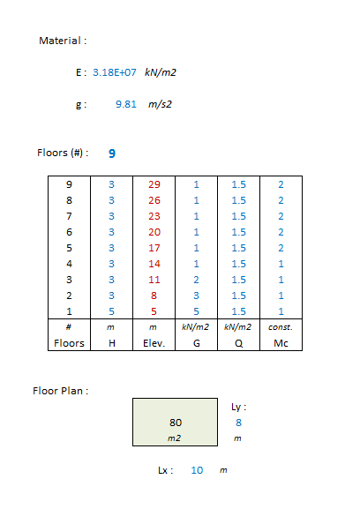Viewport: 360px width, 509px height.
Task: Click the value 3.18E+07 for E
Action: [x=115, y=72]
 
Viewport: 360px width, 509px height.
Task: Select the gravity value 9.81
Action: [x=126, y=104]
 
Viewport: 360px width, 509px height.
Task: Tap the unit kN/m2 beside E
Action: [x=161, y=72]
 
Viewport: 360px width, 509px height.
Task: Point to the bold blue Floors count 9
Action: [x=112, y=153]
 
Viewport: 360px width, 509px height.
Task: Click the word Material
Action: [x=60, y=41]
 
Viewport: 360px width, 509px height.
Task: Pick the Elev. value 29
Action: [x=154, y=184]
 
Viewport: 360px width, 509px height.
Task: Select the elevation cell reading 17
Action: [x=154, y=248]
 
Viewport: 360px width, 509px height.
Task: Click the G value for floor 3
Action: [x=197, y=280]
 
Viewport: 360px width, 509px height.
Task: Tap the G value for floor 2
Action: [x=197, y=296]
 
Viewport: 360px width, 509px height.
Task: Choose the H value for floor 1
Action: [x=112, y=311]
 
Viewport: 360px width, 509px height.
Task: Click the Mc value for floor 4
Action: [x=281, y=264]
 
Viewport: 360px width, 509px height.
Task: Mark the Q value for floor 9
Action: [x=238, y=184]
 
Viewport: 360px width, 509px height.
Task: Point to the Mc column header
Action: [x=281, y=343]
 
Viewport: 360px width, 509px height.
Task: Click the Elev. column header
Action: [x=154, y=343]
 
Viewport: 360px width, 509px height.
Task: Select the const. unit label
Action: [x=281, y=327]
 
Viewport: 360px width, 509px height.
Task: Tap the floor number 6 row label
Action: [x=69, y=232]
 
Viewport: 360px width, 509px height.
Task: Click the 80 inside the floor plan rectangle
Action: [x=176, y=423]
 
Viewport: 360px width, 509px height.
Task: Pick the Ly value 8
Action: [x=238, y=423]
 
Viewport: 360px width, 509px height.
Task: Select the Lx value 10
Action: [x=197, y=470]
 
